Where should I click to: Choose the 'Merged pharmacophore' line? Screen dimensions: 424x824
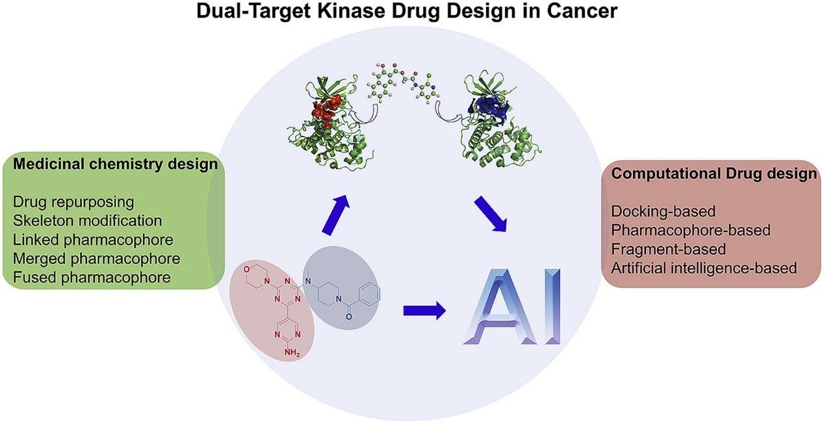[96, 258]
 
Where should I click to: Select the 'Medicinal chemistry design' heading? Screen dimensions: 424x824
[114, 165]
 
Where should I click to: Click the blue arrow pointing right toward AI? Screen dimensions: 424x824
[424, 310]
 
